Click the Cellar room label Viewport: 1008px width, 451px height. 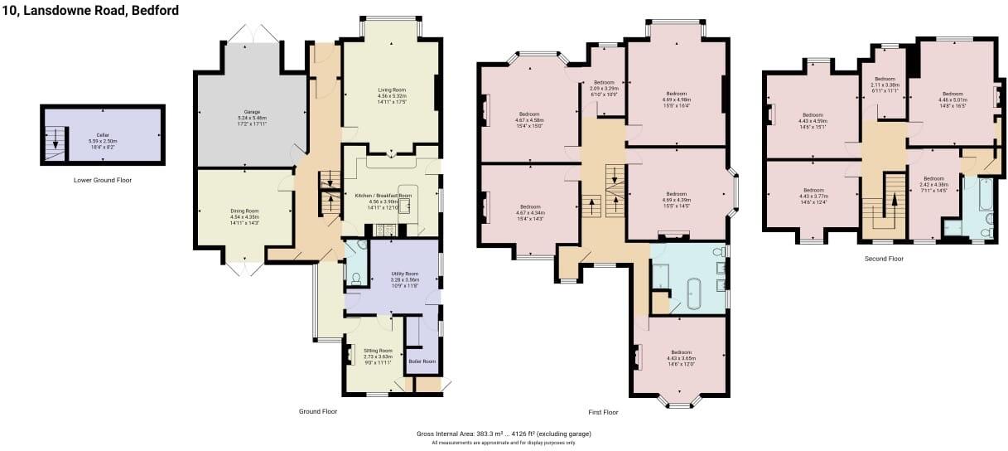[x=103, y=136]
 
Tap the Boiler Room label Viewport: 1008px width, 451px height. [x=422, y=361]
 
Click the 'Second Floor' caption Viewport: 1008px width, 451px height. [x=885, y=259]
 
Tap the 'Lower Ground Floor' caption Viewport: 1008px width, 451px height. [x=102, y=180]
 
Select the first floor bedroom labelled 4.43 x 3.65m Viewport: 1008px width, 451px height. [x=681, y=357]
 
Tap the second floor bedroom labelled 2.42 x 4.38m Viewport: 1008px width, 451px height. [x=933, y=183]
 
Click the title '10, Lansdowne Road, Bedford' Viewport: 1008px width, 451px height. [x=90, y=11]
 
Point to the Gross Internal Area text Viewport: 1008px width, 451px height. [x=504, y=434]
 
